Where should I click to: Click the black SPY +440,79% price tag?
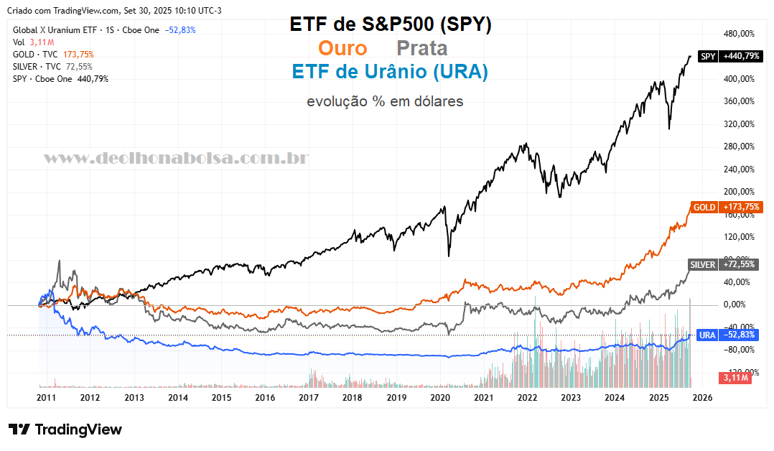pyautogui.click(x=729, y=56)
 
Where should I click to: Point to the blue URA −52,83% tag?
pyautogui.click(x=728, y=335)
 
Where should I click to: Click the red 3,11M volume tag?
pyautogui.click(x=736, y=377)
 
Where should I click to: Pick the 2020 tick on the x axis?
pyautogui.click(x=439, y=396)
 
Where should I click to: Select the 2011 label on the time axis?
pyautogui.click(x=46, y=396)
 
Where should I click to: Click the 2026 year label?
pyautogui.click(x=701, y=396)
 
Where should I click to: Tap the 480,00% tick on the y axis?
pyautogui.click(x=739, y=34)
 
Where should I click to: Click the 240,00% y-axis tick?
pyautogui.click(x=739, y=169)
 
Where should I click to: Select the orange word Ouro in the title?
pyautogui.click(x=342, y=48)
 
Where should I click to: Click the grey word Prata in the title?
pyautogui.click(x=422, y=48)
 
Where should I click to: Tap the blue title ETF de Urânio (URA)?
pyautogui.click(x=390, y=72)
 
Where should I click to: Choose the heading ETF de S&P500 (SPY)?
pyautogui.click(x=391, y=24)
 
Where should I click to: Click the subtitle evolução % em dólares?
pyautogui.click(x=385, y=101)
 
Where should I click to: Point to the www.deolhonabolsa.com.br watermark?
pyautogui.click(x=177, y=158)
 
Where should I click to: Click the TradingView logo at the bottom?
pyautogui.click(x=65, y=429)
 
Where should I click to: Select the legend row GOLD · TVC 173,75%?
pyautogui.click(x=53, y=54)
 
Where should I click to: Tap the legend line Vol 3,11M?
pyautogui.click(x=29, y=42)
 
